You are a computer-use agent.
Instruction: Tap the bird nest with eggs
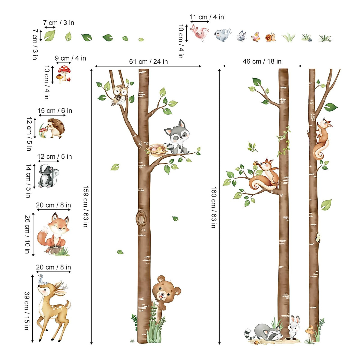pos(157,149)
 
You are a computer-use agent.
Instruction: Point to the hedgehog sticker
pos(55,128)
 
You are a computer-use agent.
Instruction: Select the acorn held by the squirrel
pos(256,163)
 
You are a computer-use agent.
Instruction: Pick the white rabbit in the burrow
pos(293,327)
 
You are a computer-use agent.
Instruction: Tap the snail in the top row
pos(270,37)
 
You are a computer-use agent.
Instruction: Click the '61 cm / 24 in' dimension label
pos(148,61)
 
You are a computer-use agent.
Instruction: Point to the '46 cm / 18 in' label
pos(262,61)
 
